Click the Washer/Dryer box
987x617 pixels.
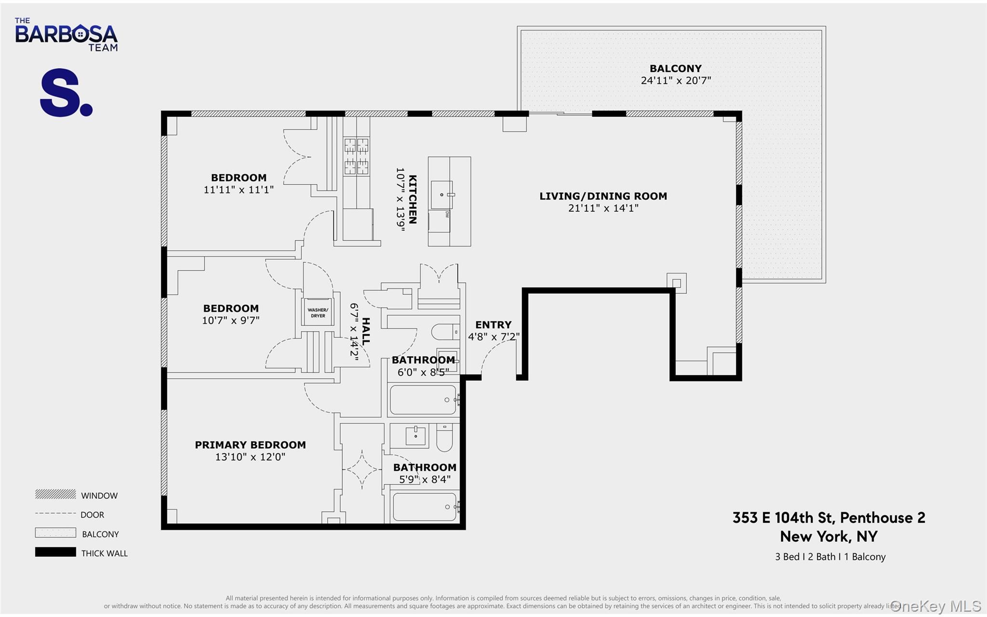tap(318, 313)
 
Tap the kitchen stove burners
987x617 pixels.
tap(356, 156)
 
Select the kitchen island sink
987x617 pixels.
tap(442, 195)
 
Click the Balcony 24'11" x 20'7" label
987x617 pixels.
tap(675, 75)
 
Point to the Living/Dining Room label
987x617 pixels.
tap(603, 196)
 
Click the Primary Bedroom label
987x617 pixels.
tap(250, 445)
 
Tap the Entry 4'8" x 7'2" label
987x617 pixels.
tap(493, 330)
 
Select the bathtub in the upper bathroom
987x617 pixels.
tap(423, 399)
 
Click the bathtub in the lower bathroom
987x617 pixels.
tap(424, 507)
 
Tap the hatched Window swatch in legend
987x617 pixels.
tap(55, 494)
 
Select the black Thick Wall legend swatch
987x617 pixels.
tap(55, 552)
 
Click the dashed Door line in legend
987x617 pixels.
tap(55, 513)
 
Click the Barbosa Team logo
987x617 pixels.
tap(66, 35)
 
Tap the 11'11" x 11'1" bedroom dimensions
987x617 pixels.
tap(238, 190)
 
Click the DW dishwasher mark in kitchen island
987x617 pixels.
tap(447, 214)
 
